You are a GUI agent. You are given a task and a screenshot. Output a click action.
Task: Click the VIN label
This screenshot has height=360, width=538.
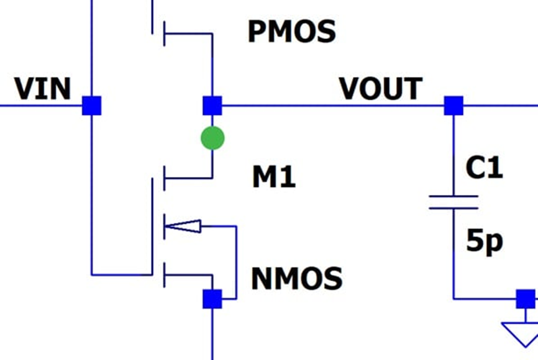[x=42, y=89]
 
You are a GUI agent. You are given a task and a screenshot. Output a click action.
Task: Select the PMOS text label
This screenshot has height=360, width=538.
[x=291, y=31]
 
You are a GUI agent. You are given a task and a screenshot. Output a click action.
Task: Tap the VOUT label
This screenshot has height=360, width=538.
[x=381, y=89]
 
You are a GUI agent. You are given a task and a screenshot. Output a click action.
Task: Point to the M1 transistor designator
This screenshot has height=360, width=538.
[x=274, y=176]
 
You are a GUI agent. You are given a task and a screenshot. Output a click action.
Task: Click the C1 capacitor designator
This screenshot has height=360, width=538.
[x=484, y=168]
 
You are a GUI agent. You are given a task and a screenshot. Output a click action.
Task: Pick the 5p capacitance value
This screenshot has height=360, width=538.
[x=485, y=241]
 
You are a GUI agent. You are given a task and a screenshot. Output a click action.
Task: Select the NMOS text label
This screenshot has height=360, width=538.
[x=297, y=279]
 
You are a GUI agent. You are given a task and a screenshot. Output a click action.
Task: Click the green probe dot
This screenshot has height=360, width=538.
[x=212, y=138]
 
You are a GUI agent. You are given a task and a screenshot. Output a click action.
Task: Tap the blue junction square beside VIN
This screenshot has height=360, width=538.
[x=91, y=106]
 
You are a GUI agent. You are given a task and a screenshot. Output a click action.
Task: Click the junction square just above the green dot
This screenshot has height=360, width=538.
[x=212, y=106]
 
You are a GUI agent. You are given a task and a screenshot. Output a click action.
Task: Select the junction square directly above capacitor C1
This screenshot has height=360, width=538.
[x=454, y=106]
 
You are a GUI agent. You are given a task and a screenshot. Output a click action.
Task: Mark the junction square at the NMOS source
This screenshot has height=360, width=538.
[x=212, y=299]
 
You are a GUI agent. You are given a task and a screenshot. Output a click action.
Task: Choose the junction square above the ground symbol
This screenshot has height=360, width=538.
[x=526, y=299]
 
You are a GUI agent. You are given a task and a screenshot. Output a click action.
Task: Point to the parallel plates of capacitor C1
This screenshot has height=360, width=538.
[x=454, y=202]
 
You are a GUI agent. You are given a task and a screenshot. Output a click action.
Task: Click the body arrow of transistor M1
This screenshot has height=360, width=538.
[x=183, y=227]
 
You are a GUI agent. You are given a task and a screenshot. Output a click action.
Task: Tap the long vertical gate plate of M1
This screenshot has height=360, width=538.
[x=152, y=227]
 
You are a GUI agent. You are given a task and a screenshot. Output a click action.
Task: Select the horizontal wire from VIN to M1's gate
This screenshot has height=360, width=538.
[x=122, y=275]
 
